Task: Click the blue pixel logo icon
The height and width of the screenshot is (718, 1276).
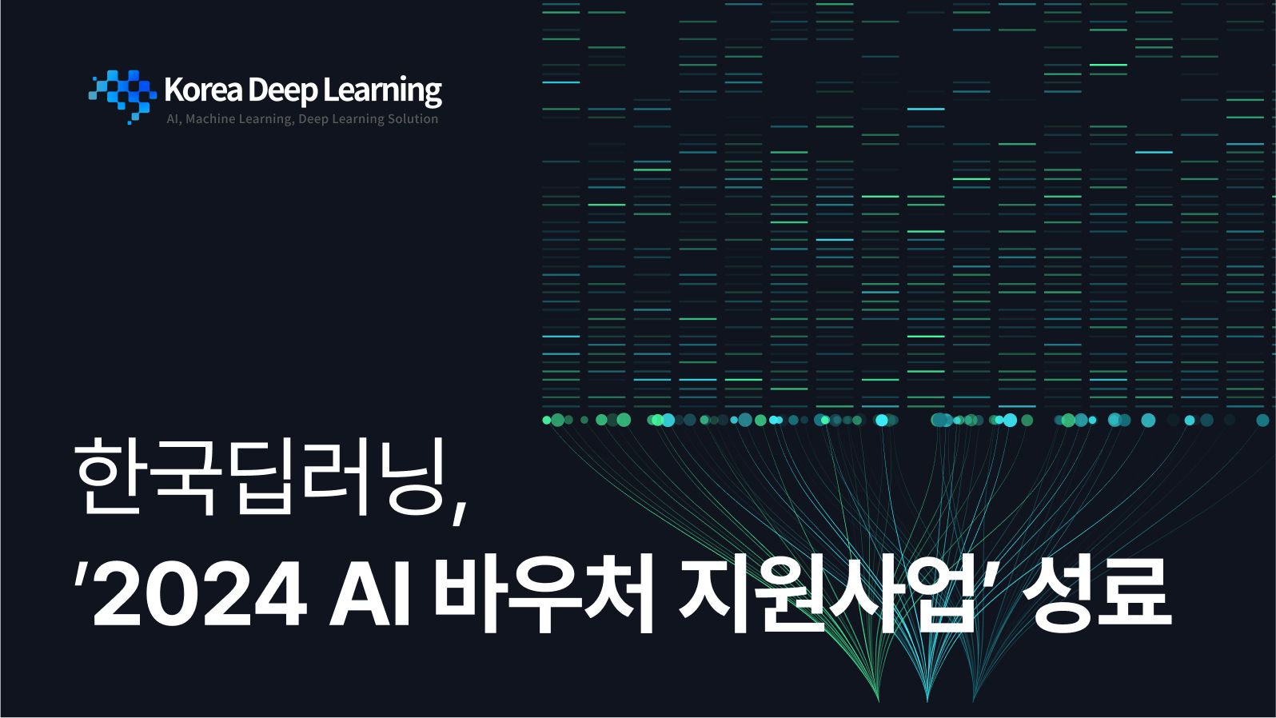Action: [122, 96]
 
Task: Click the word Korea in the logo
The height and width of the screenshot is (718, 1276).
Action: [203, 90]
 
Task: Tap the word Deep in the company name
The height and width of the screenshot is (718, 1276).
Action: [282, 91]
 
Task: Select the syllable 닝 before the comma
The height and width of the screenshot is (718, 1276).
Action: [410, 477]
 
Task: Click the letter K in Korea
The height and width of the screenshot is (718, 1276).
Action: [173, 90]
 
